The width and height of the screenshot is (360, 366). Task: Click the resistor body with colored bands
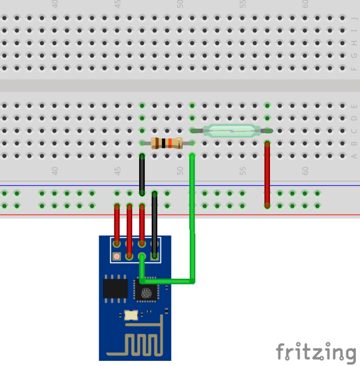[166, 143]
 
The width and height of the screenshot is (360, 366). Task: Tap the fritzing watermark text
[315, 352]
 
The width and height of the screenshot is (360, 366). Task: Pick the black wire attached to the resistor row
[142, 174]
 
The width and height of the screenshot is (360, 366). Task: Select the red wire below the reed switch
[267, 174]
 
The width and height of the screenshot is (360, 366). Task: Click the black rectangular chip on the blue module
[115, 289]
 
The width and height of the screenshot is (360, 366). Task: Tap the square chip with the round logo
[146, 291]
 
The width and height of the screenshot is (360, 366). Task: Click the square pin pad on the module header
[117, 256]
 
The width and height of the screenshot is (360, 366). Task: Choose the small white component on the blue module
[131, 315]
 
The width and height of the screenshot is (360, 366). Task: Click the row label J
[354, 18]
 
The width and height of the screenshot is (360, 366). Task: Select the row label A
[354, 156]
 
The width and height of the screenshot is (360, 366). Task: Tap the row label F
[354, 69]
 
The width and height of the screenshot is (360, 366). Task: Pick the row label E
[354, 106]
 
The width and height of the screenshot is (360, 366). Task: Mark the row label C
[354, 131]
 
